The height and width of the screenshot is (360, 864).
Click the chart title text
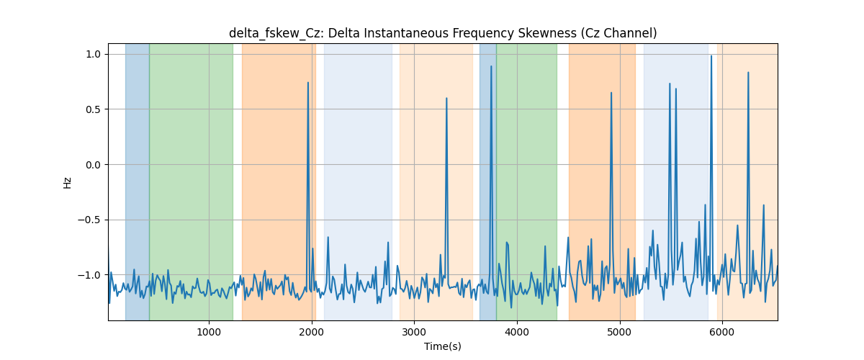[x=443, y=33]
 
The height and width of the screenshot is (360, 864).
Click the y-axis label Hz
[x=68, y=183]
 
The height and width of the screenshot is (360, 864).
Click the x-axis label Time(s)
[x=443, y=346]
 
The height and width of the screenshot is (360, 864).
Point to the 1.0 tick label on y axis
[x=93, y=55]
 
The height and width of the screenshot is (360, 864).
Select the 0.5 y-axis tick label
[x=93, y=109]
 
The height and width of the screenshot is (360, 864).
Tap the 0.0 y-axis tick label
[x=93, y=165]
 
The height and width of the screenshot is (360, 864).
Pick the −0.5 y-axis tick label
[x=89, y=220]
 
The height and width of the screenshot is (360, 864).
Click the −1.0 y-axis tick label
[x=89, y=275]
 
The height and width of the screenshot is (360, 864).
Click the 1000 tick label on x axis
[x=209, y=332]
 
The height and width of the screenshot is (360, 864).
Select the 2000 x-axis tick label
[x=312, y=332]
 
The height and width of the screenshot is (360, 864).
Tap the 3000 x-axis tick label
[x=414, y=332]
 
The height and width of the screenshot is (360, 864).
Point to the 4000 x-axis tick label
[x=517, y=332]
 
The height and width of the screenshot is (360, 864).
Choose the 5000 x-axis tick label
[x=619, y=332]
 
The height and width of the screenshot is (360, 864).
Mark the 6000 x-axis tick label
[x=722, y=332]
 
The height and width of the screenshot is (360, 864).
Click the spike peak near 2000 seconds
[x=308, y=83]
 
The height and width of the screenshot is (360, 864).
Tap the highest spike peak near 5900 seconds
[x=711, y=56]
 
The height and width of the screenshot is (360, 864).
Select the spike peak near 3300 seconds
[x=446, y=98]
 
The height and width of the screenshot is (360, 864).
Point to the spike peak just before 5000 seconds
[x=611, y=93]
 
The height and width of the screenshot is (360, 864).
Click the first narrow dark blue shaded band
[x=138, y=181]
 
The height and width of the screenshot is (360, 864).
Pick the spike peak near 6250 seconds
[x=748, y=72]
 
